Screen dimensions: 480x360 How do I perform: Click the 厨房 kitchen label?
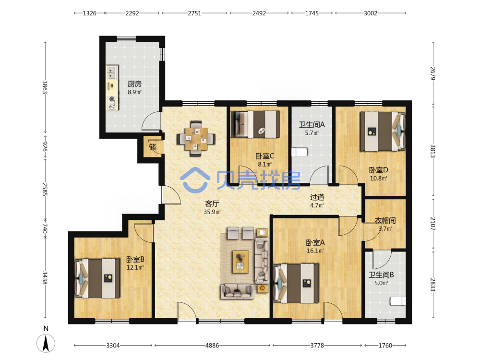pos(135,84)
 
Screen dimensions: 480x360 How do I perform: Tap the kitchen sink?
pos(112,72)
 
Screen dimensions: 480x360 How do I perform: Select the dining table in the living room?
pos(196,139)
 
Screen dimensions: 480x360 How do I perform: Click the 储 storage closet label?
pos(153,147)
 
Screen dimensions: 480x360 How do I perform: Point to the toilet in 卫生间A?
pos(300,152)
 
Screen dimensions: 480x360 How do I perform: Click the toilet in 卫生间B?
pos(398,301)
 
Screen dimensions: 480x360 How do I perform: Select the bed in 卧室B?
pos(97,278)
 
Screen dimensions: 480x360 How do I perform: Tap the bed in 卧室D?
pos(383,132)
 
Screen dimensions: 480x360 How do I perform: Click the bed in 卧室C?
pos(255,124)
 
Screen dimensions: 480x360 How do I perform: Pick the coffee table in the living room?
pos(240,262)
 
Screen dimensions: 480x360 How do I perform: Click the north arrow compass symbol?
pos(46,343)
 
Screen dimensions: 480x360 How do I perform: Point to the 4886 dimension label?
pos(212,345)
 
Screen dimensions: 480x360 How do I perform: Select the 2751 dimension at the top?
pos(194,13)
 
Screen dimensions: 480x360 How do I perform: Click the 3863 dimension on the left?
pos(45,87)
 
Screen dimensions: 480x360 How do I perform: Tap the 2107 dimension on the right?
pos(433,224)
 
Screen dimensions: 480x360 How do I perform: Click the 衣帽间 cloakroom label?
pos(385,220)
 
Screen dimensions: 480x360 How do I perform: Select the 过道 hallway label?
pos(317,197)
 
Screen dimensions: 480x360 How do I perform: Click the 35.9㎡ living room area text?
pos(212,212)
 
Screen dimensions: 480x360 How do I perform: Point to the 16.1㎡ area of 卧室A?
pos(315,251)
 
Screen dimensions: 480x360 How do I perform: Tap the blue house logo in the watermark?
pos(195,180)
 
